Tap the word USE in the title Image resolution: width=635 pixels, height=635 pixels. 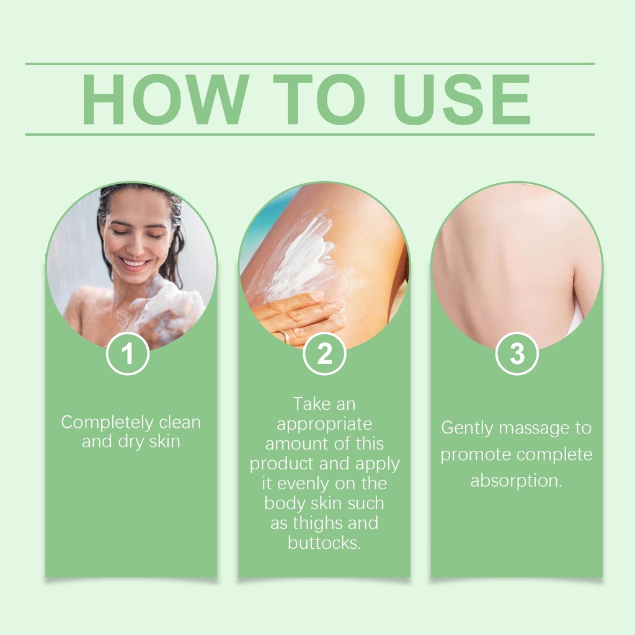point(461,99)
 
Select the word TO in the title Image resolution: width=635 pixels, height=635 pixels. point(319,99)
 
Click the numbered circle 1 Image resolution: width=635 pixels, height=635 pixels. point(128,353)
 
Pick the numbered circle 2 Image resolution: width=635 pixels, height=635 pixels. point(324,353)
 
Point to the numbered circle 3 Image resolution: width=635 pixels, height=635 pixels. point(517,353)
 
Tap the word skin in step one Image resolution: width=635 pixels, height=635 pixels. point(164,441)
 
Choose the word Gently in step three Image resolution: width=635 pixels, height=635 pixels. point(466,429)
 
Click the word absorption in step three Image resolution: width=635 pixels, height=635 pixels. point(515,481)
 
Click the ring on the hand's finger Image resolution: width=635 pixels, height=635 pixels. point(286,336)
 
